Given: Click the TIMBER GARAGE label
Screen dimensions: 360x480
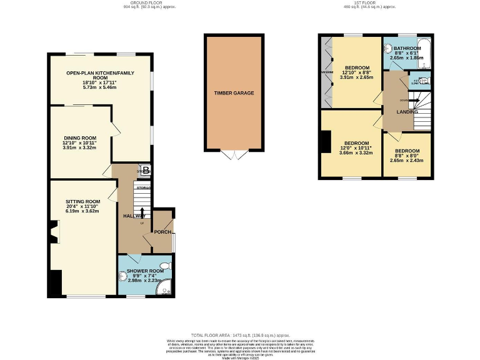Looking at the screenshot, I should coord(234,93).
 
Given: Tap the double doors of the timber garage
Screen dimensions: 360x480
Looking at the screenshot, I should coord(234,154).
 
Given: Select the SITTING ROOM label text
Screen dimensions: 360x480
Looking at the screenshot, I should coord(83,201).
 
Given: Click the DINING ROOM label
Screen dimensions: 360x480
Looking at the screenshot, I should coord(80,137).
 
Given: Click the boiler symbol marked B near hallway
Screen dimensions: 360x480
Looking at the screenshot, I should coord(145,169).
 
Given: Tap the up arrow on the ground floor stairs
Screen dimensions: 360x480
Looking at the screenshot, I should coord(143,212).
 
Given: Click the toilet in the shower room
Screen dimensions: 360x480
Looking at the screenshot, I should coord(164,266).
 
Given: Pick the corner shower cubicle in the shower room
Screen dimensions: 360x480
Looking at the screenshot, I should coord(166,289).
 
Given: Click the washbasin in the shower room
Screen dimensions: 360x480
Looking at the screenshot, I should coord(122,276).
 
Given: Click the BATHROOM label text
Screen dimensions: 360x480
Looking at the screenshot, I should coord(407,48).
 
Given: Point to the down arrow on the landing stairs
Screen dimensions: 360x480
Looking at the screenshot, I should coord(411,99).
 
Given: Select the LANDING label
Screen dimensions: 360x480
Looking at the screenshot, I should coord(407,112).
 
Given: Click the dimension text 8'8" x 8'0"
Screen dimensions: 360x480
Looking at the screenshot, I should coord(406,156).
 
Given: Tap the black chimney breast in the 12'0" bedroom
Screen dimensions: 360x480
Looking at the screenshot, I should coord(325,142).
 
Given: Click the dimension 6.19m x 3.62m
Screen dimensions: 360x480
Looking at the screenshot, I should coord(83,211).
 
